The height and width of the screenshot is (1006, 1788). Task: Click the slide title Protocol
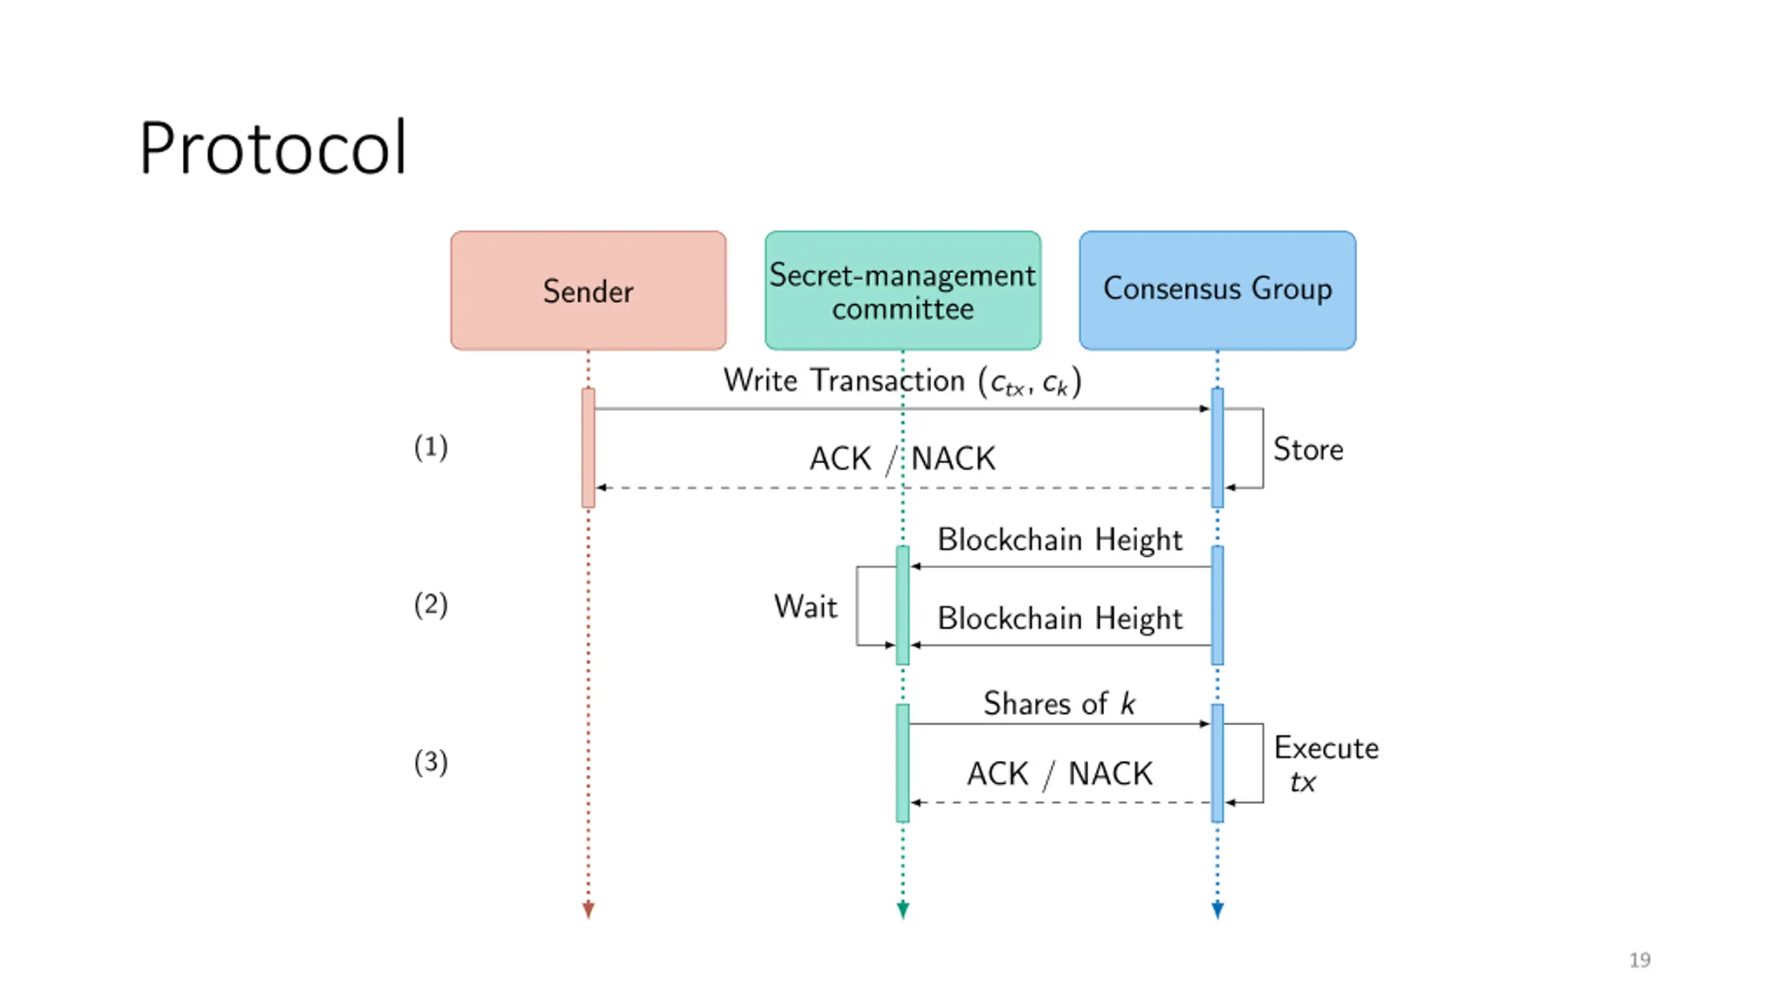click(x=272, y=148)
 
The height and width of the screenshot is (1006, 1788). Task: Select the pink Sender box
click(x=588, y=291)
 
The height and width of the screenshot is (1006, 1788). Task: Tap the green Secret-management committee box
click(x=902, y=291)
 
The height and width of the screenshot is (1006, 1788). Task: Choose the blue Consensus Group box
click(x=1217, y=291)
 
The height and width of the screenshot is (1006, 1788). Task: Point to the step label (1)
click(x=431, y=447)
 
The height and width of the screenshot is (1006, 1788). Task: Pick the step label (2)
click(x=431, y=605)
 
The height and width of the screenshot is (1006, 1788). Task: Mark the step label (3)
click(x=431, y=762)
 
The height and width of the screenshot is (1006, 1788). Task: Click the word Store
click(x=1308, y=449)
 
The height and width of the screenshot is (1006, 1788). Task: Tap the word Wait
click(x=805, y=606)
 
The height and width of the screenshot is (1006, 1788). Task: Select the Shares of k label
click(x=1060, y=704)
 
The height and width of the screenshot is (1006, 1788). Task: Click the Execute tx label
click(x=1326, y=764)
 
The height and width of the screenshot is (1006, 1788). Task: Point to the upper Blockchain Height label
click(x=1060, y=540)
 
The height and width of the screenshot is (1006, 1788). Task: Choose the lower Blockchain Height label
click(x=1060, y=619)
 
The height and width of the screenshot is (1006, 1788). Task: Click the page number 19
click(x=1640, y=961)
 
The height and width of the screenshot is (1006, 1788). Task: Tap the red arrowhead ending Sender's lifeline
click(x=588, y=910)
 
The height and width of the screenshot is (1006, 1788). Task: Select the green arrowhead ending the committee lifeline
click(x=902, y=910)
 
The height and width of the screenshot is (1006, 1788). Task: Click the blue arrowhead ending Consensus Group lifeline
click(x=1217, y=910)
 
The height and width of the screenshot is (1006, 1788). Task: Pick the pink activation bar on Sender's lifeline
click(x=588, y=448)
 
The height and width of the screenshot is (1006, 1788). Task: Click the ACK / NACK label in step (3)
click(x=1060, y=774)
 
